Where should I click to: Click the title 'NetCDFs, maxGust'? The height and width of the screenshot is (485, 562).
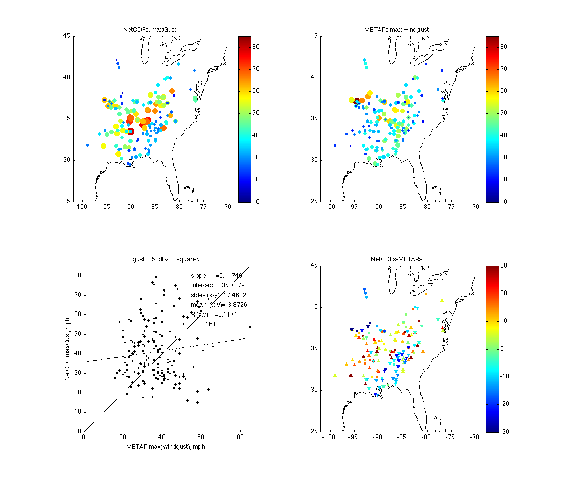click(x=150, y=30)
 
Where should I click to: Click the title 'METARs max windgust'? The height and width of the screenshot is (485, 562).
click(x=396, y=30)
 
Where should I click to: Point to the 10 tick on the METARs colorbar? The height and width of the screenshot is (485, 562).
click(x=503, y=202)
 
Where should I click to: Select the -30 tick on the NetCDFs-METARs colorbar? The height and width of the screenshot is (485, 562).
click(x=504, y=431)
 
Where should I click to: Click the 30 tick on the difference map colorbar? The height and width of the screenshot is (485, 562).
click(x=503, y=266)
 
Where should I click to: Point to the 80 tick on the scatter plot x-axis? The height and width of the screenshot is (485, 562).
click(x=240, y=438)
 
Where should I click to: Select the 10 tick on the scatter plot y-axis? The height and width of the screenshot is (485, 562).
click(x=78, y=411)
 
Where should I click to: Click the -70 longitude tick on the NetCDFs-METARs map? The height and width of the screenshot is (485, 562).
click(x=475, y=438)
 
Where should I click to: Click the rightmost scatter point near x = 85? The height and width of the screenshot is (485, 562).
click(x=250, y=327)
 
